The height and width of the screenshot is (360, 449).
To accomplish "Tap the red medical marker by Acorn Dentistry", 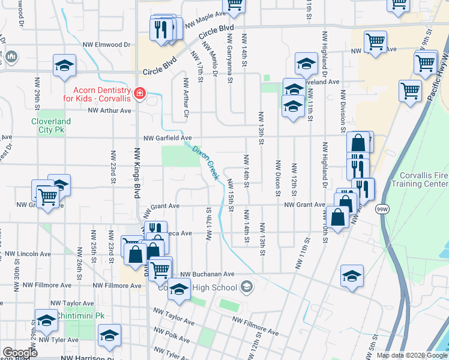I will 140,93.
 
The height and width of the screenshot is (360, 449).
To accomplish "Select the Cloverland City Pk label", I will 51,125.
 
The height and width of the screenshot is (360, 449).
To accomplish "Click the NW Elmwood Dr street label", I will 106,44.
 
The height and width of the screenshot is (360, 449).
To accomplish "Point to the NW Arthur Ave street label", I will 109,110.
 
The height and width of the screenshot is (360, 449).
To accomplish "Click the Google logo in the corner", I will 20,353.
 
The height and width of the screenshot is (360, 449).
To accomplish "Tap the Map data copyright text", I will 412,355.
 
